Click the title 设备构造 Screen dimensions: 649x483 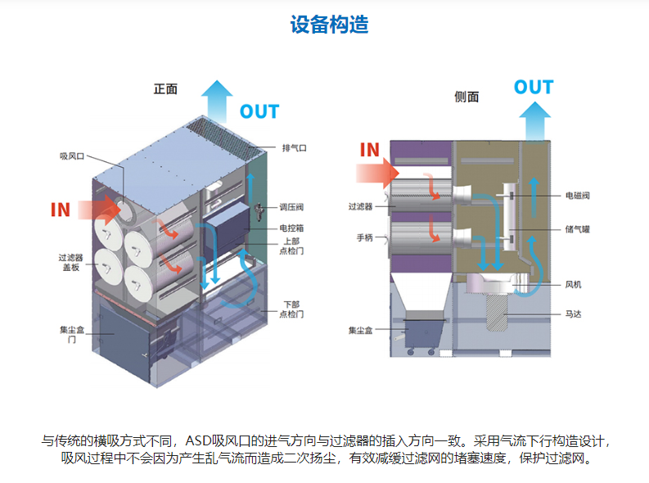coord(329,25)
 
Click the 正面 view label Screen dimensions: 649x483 coord(165,89)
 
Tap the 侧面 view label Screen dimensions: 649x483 coord(466,97)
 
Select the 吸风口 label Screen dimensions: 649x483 coord(72,156)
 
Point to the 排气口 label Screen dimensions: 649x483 coord(295,147)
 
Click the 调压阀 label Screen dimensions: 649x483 coord(291,207)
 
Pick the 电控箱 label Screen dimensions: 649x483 coord(291,228)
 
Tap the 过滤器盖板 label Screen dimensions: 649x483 coord(70,263)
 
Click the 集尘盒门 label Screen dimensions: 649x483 coord(72,335)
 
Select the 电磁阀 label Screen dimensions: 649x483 coord(578,196)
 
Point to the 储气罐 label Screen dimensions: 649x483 coord(578,229)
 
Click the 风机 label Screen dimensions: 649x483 coord(573,284)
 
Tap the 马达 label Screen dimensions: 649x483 coord(573,314)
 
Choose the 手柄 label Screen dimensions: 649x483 coord(365,237)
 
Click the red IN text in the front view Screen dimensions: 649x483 coord(61,210)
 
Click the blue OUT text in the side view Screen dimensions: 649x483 coord(534,88)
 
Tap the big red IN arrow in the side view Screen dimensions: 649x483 coord(377,173)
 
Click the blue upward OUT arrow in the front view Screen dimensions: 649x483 coord(217,102)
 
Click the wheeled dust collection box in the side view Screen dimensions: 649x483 coord(424,336)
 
